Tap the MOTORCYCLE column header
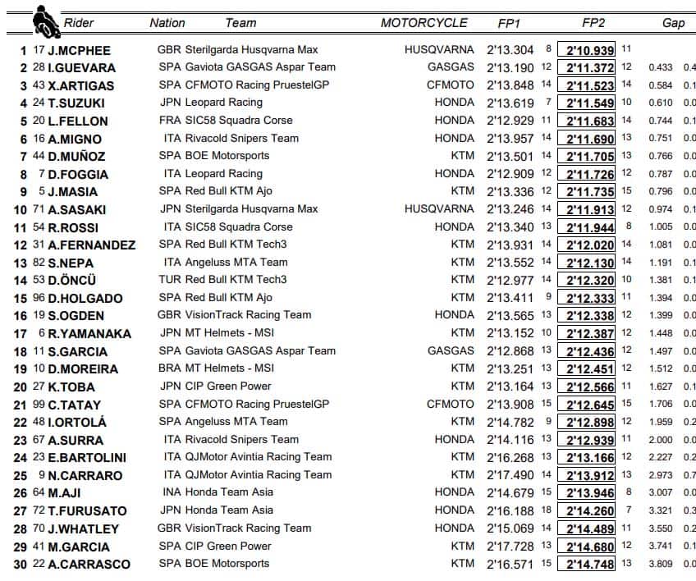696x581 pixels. tap(424, 23)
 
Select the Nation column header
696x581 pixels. tap(167, 23)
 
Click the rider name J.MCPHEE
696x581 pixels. tap(78, 50)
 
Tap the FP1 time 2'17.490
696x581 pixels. tap(510, 475)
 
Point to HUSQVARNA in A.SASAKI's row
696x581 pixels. tap(439, 209)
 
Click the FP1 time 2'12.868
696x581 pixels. tap(510, 351)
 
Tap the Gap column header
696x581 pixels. tap(673, 23)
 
